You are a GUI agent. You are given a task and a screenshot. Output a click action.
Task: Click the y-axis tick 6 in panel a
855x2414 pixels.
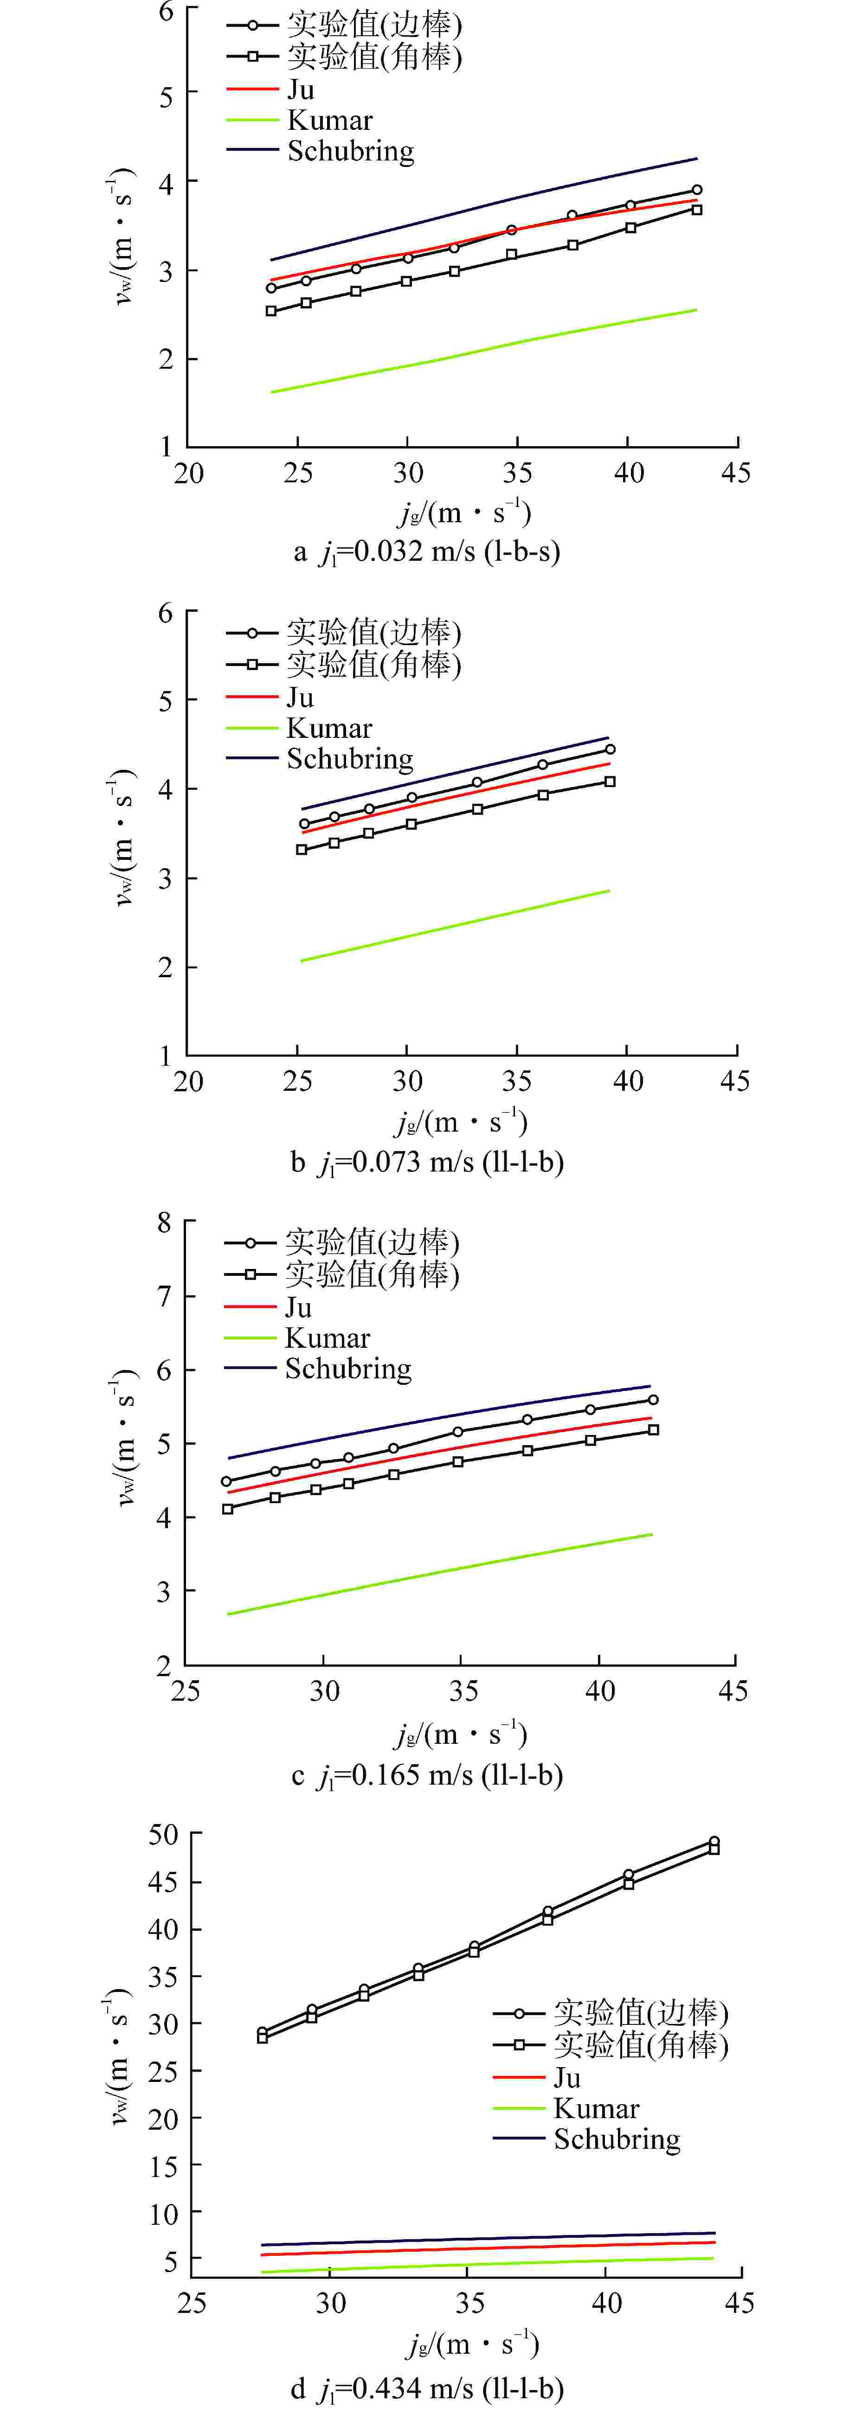166,11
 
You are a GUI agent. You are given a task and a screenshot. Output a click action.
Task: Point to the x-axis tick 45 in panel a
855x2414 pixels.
736,472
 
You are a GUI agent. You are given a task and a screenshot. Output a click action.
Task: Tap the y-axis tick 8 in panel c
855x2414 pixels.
165,1222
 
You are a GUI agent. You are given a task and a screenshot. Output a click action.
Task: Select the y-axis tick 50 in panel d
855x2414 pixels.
162,1834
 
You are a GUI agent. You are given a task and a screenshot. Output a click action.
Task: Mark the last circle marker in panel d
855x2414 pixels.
714,1841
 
